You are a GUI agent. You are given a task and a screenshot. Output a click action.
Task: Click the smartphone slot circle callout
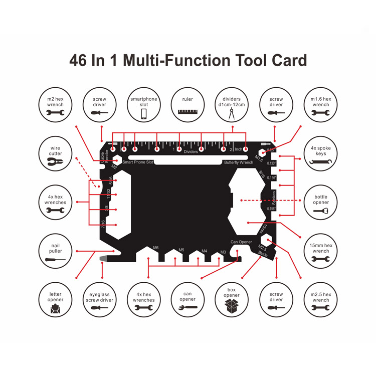coord(144,105)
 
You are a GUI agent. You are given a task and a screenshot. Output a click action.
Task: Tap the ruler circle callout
coord(188,105)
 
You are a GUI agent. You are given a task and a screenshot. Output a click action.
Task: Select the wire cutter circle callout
coord(55,154)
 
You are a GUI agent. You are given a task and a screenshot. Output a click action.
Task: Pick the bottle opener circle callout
coord(321,202)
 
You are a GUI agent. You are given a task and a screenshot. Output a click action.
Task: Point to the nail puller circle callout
coord(55,252)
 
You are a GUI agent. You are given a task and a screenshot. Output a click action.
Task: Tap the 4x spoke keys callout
coord(321,154)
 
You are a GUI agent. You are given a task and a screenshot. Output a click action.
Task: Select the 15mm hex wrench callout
coord(321,252)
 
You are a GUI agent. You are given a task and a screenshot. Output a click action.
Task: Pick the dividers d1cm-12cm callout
coord(232,105)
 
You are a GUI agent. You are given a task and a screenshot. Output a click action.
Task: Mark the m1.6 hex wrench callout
coord(321,105)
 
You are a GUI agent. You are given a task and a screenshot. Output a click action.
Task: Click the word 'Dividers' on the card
coord(191,151)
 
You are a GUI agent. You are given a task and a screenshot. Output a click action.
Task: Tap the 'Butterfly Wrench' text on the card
coord(239,162)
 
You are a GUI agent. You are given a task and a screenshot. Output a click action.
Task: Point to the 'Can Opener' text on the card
coord(241,242)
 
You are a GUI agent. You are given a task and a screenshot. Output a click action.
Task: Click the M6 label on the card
coord(155,248)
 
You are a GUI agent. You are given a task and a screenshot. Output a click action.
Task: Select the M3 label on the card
coord(223,252)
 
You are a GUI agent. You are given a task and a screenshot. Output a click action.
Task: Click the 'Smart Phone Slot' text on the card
coord(138,162)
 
